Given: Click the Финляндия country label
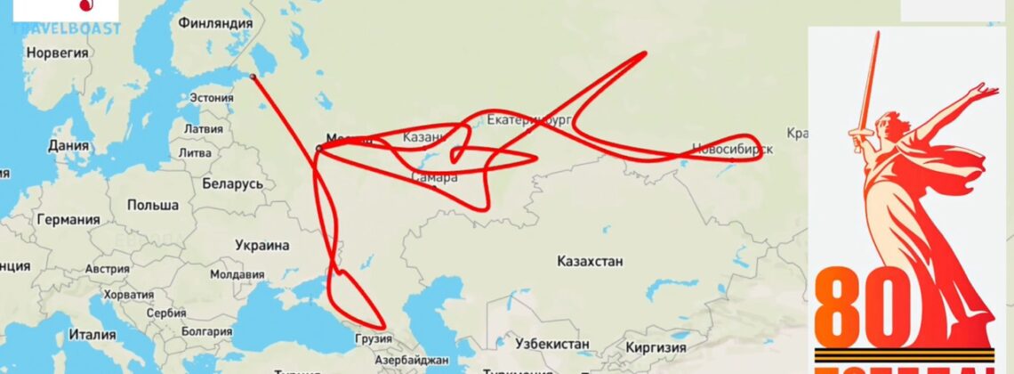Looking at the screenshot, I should coord(214,23).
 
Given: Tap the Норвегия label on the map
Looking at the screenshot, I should coord(58,53).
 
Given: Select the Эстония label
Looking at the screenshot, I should coord(212,98).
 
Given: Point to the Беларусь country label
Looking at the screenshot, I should coord(233,183).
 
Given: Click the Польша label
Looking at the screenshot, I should coord(152,205).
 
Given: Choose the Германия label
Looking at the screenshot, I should coord(68,220).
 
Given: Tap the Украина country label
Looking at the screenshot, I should coord(262,245).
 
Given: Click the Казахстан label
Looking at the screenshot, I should coord(590,261).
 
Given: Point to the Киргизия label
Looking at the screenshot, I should coord(655,347).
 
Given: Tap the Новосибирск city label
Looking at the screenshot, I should coord(732,150).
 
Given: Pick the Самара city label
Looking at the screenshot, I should coord(435,178).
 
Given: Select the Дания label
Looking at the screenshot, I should coord(68,145).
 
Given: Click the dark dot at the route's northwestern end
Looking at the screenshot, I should coord(253,77).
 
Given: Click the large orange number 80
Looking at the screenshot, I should coord(863,312).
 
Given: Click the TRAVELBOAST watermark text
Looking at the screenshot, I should coord(67,28).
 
